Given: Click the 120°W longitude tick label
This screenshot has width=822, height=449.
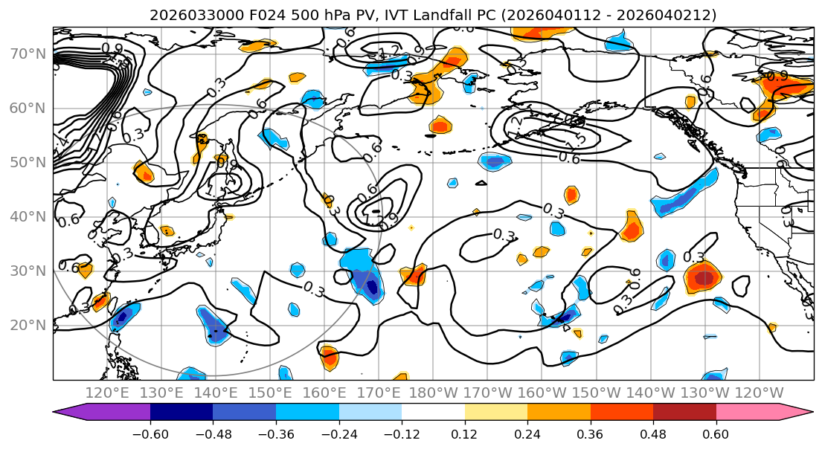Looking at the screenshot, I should (759, 393).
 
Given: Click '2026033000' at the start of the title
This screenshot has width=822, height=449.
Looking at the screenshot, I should (187, 15).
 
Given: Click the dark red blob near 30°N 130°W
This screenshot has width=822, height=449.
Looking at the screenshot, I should (704, 278).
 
